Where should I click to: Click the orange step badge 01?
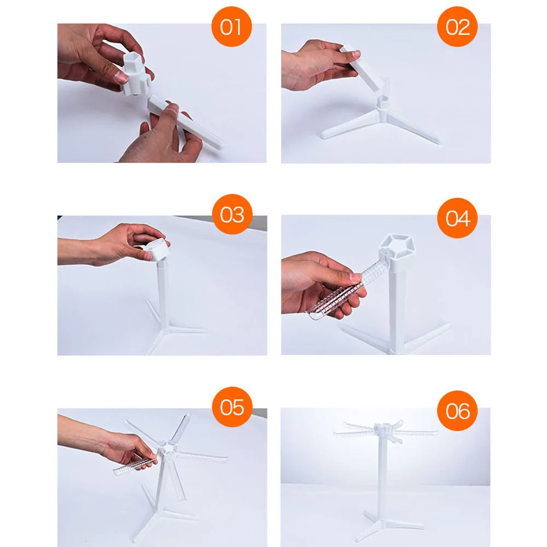click(231, 26)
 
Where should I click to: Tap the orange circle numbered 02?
click(457, 26)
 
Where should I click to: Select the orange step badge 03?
click(232, 214)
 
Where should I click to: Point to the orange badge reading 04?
click(457, 218)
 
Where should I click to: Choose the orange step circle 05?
click(232, 407)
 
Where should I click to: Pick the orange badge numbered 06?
click(457, 411)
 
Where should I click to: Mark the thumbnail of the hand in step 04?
click(356, 277)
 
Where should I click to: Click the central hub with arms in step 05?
click(167, 449)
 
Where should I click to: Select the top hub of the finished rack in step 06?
click(383, 428)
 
